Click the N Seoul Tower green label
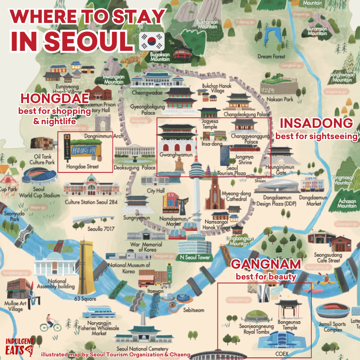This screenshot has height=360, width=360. click(x=195, y=257)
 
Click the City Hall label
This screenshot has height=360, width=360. click(x=156, y=191)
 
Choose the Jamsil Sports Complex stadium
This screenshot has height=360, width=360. click(x=332, y=312)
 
